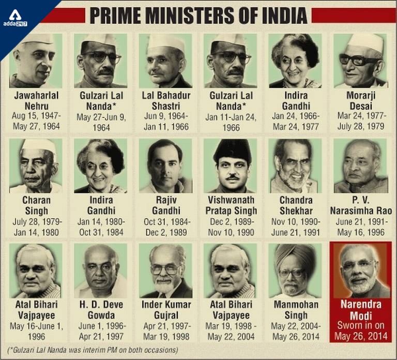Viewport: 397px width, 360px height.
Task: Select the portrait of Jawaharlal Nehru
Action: tap(35, 61)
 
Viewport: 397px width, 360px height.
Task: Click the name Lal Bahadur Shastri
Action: tap(165, 101)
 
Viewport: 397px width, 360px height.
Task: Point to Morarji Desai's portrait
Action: tap(360, 61)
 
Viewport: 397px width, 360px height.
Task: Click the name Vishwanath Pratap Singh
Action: tap(230, 205)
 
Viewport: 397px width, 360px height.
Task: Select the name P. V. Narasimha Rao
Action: tap(360, 205)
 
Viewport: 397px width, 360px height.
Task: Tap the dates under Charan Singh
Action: tap(35, 227)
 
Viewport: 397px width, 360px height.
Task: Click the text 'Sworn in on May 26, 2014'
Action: tap(360, 332)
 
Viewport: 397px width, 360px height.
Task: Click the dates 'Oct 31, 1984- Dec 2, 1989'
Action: tap(165, 227)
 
